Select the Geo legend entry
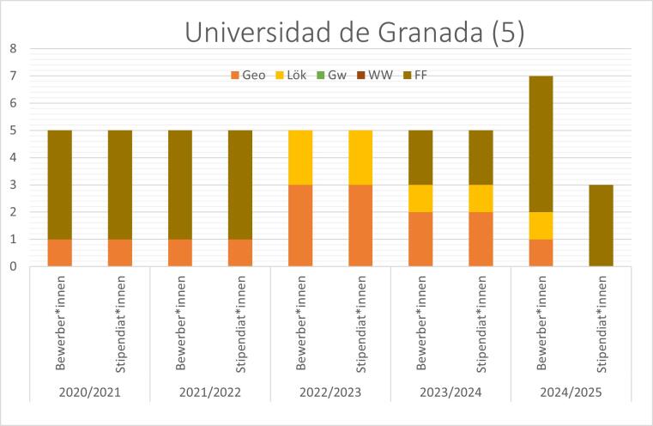tap(247, 76)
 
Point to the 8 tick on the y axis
tap(13, 49)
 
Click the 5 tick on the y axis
tap(13, 131)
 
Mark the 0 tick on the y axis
tap(13, 266)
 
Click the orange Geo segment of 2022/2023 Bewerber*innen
tap(300, 225)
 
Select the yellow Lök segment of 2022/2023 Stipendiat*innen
tap(360, 157)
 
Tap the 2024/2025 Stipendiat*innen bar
tap(601, 225)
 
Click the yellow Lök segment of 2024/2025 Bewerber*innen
tap(541, 225)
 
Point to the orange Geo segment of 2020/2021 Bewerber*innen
tap(60, 253)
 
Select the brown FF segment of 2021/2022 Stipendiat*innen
tap(240, 185)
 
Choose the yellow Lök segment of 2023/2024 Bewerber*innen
tap(420, 198)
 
